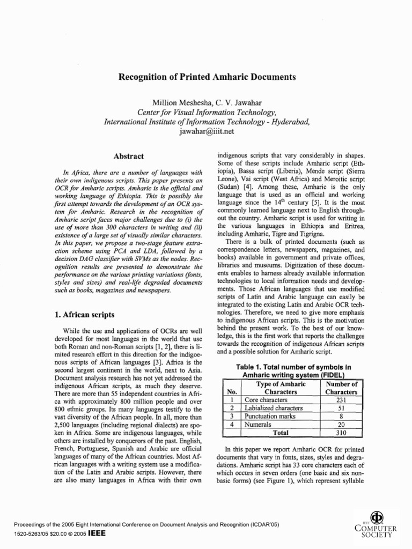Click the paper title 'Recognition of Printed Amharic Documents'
tap(207, 77)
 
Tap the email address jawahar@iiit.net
tap(207, 131)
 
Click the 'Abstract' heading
tap(128, 156)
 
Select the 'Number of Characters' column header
tap(342, 388)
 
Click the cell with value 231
tap(342, 400)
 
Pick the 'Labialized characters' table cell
tap(274, 408)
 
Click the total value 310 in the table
tap(342, 432)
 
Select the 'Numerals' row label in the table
tap(257, 424)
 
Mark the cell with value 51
tap(342, 408)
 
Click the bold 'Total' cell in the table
tap(281, 432)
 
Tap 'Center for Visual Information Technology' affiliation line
tap(207, 112)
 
